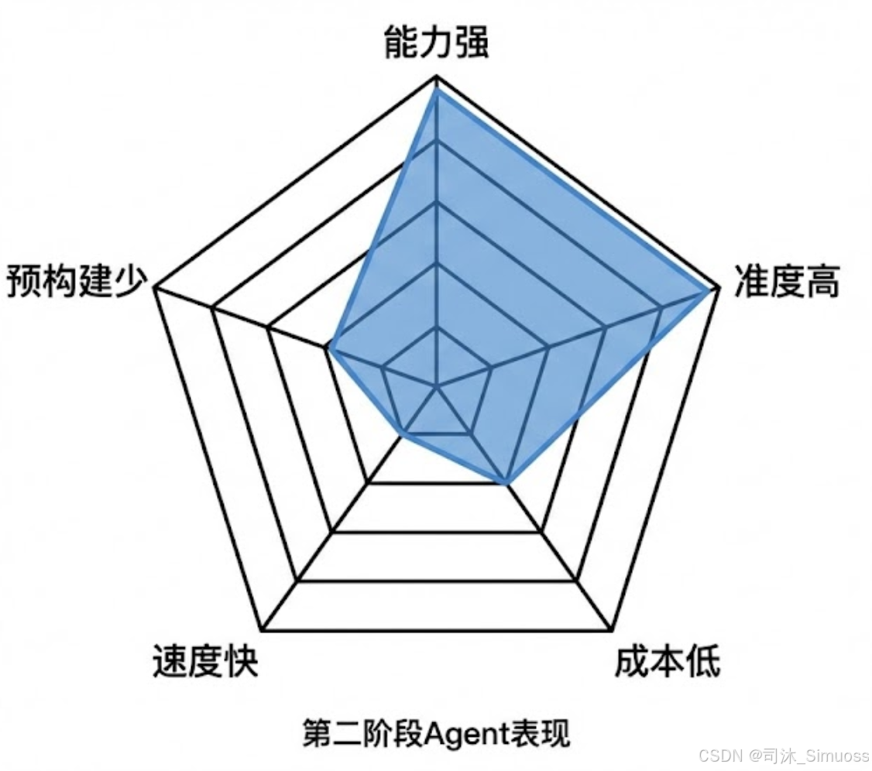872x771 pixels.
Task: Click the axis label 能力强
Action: pyautogui.click(x=437, y=45)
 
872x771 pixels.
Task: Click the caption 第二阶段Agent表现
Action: pyautogui.click(x=436, y=733)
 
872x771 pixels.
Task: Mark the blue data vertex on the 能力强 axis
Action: pyautogui.click(x=437, y=90)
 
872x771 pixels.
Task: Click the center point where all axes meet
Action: pyautogui.click(x=438, y=384)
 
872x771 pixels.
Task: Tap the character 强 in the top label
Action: pyautogui.click(x=472, y=45)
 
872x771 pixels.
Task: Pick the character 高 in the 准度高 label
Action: pyautogui.click(x=822, y=283)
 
